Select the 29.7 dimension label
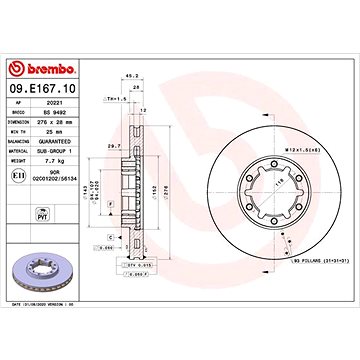[113, 147]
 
